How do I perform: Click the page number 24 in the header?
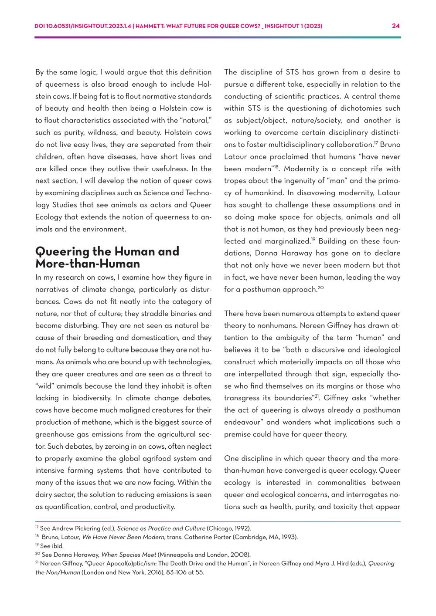[x=395, y=26]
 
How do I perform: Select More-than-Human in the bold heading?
[x=87, y=264]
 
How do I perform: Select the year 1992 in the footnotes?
[x=242, y=528]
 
